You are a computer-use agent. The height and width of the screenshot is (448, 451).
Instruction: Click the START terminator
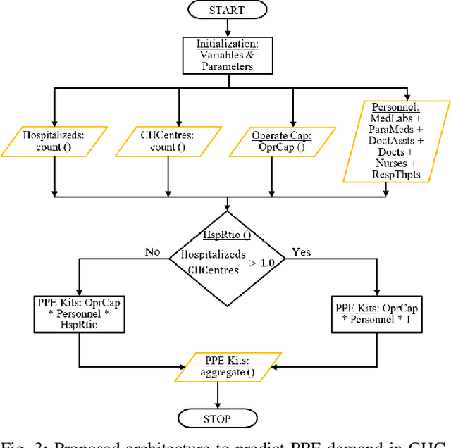click(x=226, y=11)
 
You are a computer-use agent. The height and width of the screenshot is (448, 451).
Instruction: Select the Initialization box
click(x=226, y=55)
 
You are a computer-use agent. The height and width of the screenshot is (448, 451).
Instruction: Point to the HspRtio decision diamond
click(x=226, y=259)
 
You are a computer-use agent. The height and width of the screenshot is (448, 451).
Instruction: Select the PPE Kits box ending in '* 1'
click(x=378, y=313)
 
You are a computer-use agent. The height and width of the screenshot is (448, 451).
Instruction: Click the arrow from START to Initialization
click(x=226, y=29)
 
